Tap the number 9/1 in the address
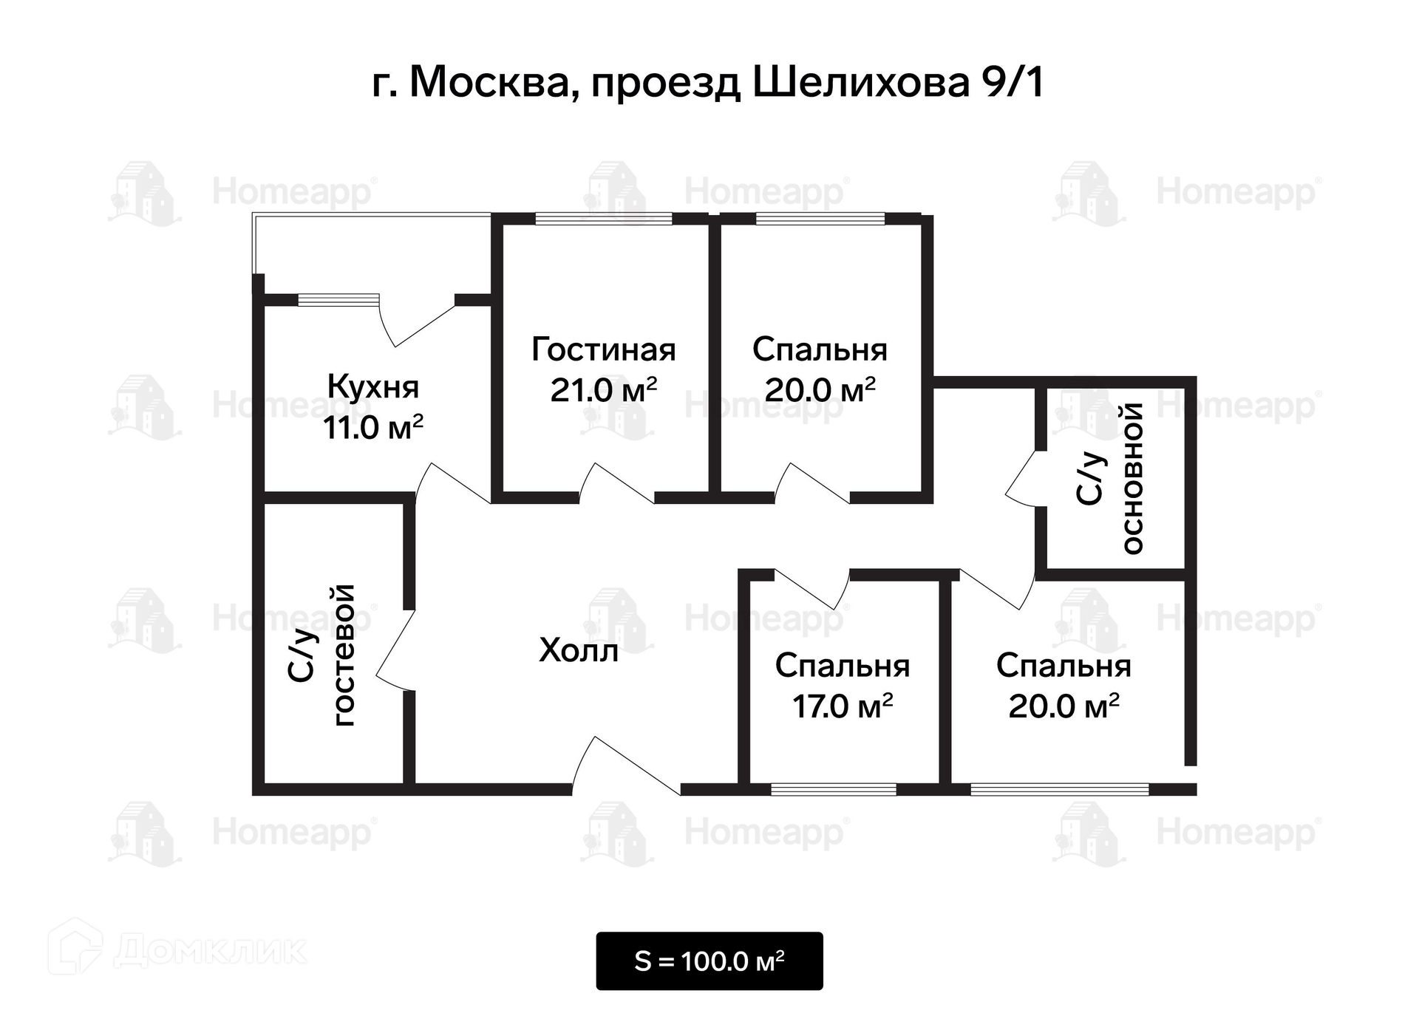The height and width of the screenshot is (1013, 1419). [1012, 82]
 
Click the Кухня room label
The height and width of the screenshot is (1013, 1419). [372, 386]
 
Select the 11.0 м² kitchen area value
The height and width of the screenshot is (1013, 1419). [372, 427]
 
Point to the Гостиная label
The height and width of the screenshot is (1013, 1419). [603, 349]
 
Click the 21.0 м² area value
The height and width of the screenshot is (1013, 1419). [603, 389]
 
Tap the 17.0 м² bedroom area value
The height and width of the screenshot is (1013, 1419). [842, 706]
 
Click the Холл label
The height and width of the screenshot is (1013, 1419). [578, 650]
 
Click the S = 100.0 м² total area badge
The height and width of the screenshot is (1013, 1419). [709, 961]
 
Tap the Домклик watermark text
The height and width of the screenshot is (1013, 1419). [211, 950]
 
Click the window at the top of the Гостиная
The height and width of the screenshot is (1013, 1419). [603, 219]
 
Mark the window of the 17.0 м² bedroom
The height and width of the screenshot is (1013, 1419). [833, 790]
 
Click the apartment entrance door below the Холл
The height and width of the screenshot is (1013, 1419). [625, 768]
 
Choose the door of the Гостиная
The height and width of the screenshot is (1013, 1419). [616, 484]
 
